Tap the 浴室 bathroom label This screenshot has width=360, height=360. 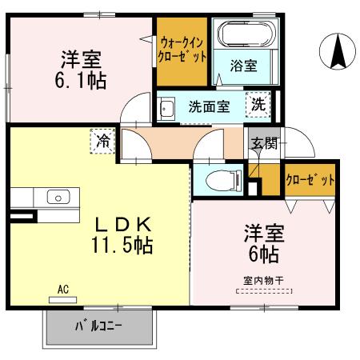[x=245, y=65]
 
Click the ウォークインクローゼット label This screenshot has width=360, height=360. [x=183, y=49]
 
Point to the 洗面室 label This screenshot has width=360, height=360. [x=210, y=105]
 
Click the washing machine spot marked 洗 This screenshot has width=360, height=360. [x=259, y=103]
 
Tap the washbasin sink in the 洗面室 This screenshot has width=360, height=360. [x=167, y=108]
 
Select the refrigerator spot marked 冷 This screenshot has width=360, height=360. [x=104, y=142]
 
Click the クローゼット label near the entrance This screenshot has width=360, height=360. [x=310, y=179]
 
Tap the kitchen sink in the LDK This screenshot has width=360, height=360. [x=58, y=197]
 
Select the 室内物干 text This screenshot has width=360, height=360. [x=263, y=280]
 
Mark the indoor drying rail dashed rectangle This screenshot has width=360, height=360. [x=263, y=291]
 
